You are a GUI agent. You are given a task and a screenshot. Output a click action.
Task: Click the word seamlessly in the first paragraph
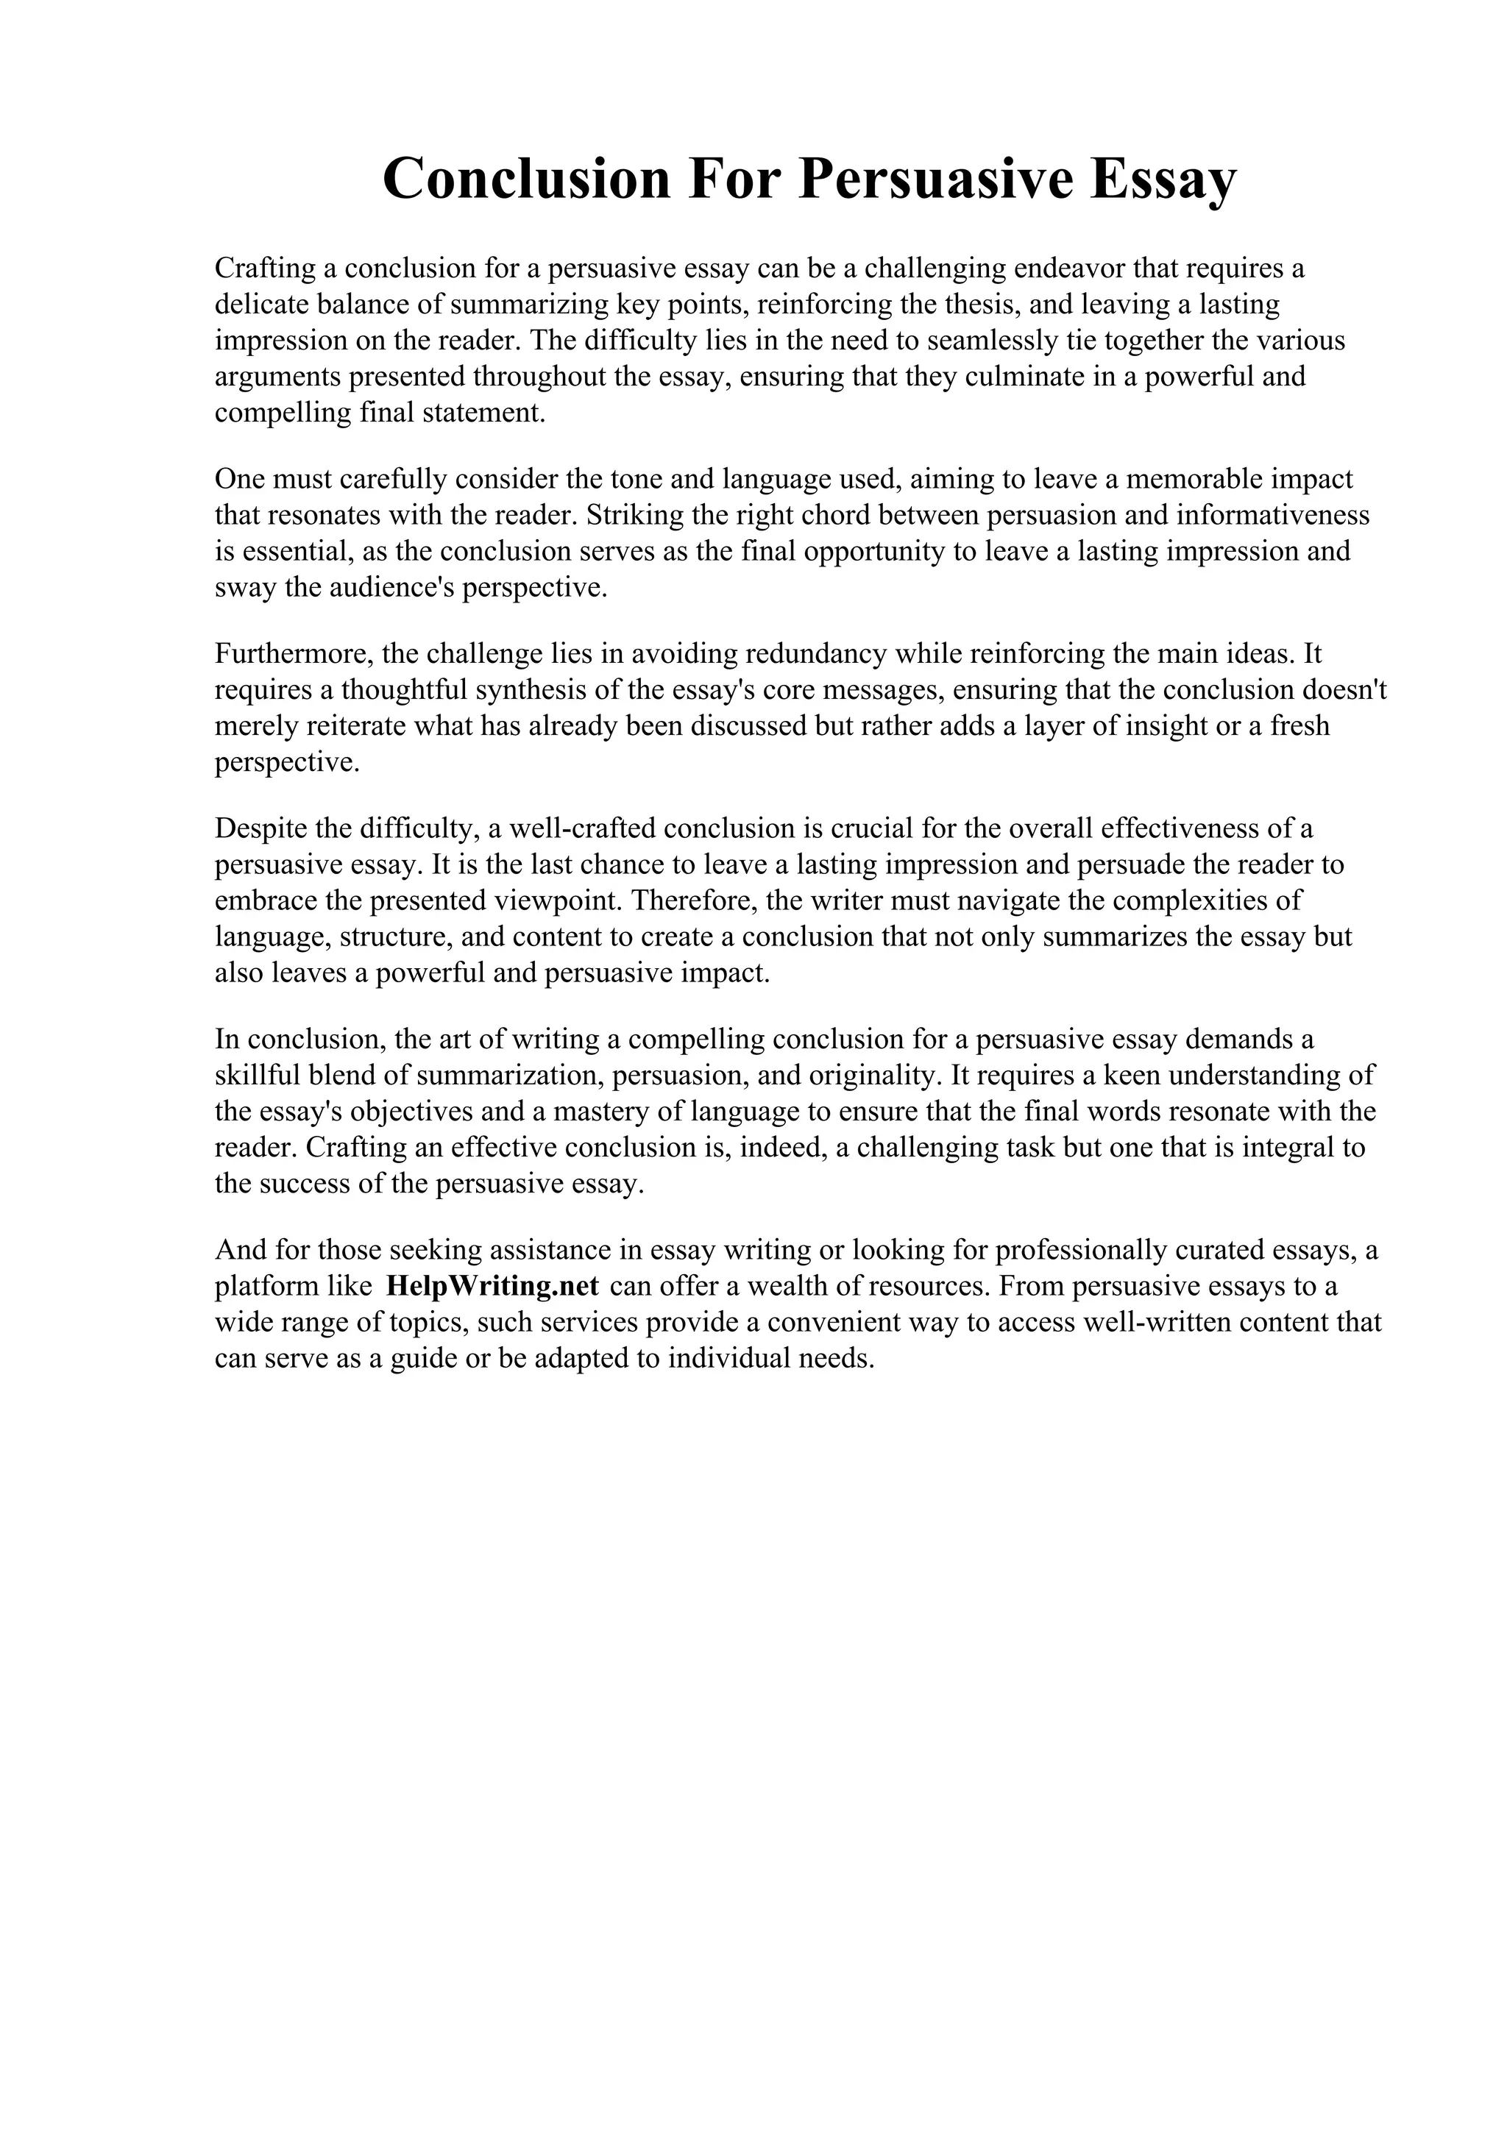[x=992, y=341]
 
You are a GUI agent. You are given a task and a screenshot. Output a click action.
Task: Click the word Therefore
[x=692, y=900]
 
